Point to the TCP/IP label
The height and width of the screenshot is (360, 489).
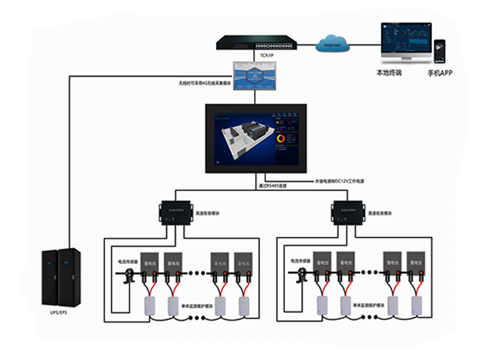click(x=266, y=56)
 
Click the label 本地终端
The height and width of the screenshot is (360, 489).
click(x=389, y=73)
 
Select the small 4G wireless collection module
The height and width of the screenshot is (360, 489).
click(x=257, y=76)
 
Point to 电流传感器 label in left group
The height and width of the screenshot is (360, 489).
click(x=127, y=262)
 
